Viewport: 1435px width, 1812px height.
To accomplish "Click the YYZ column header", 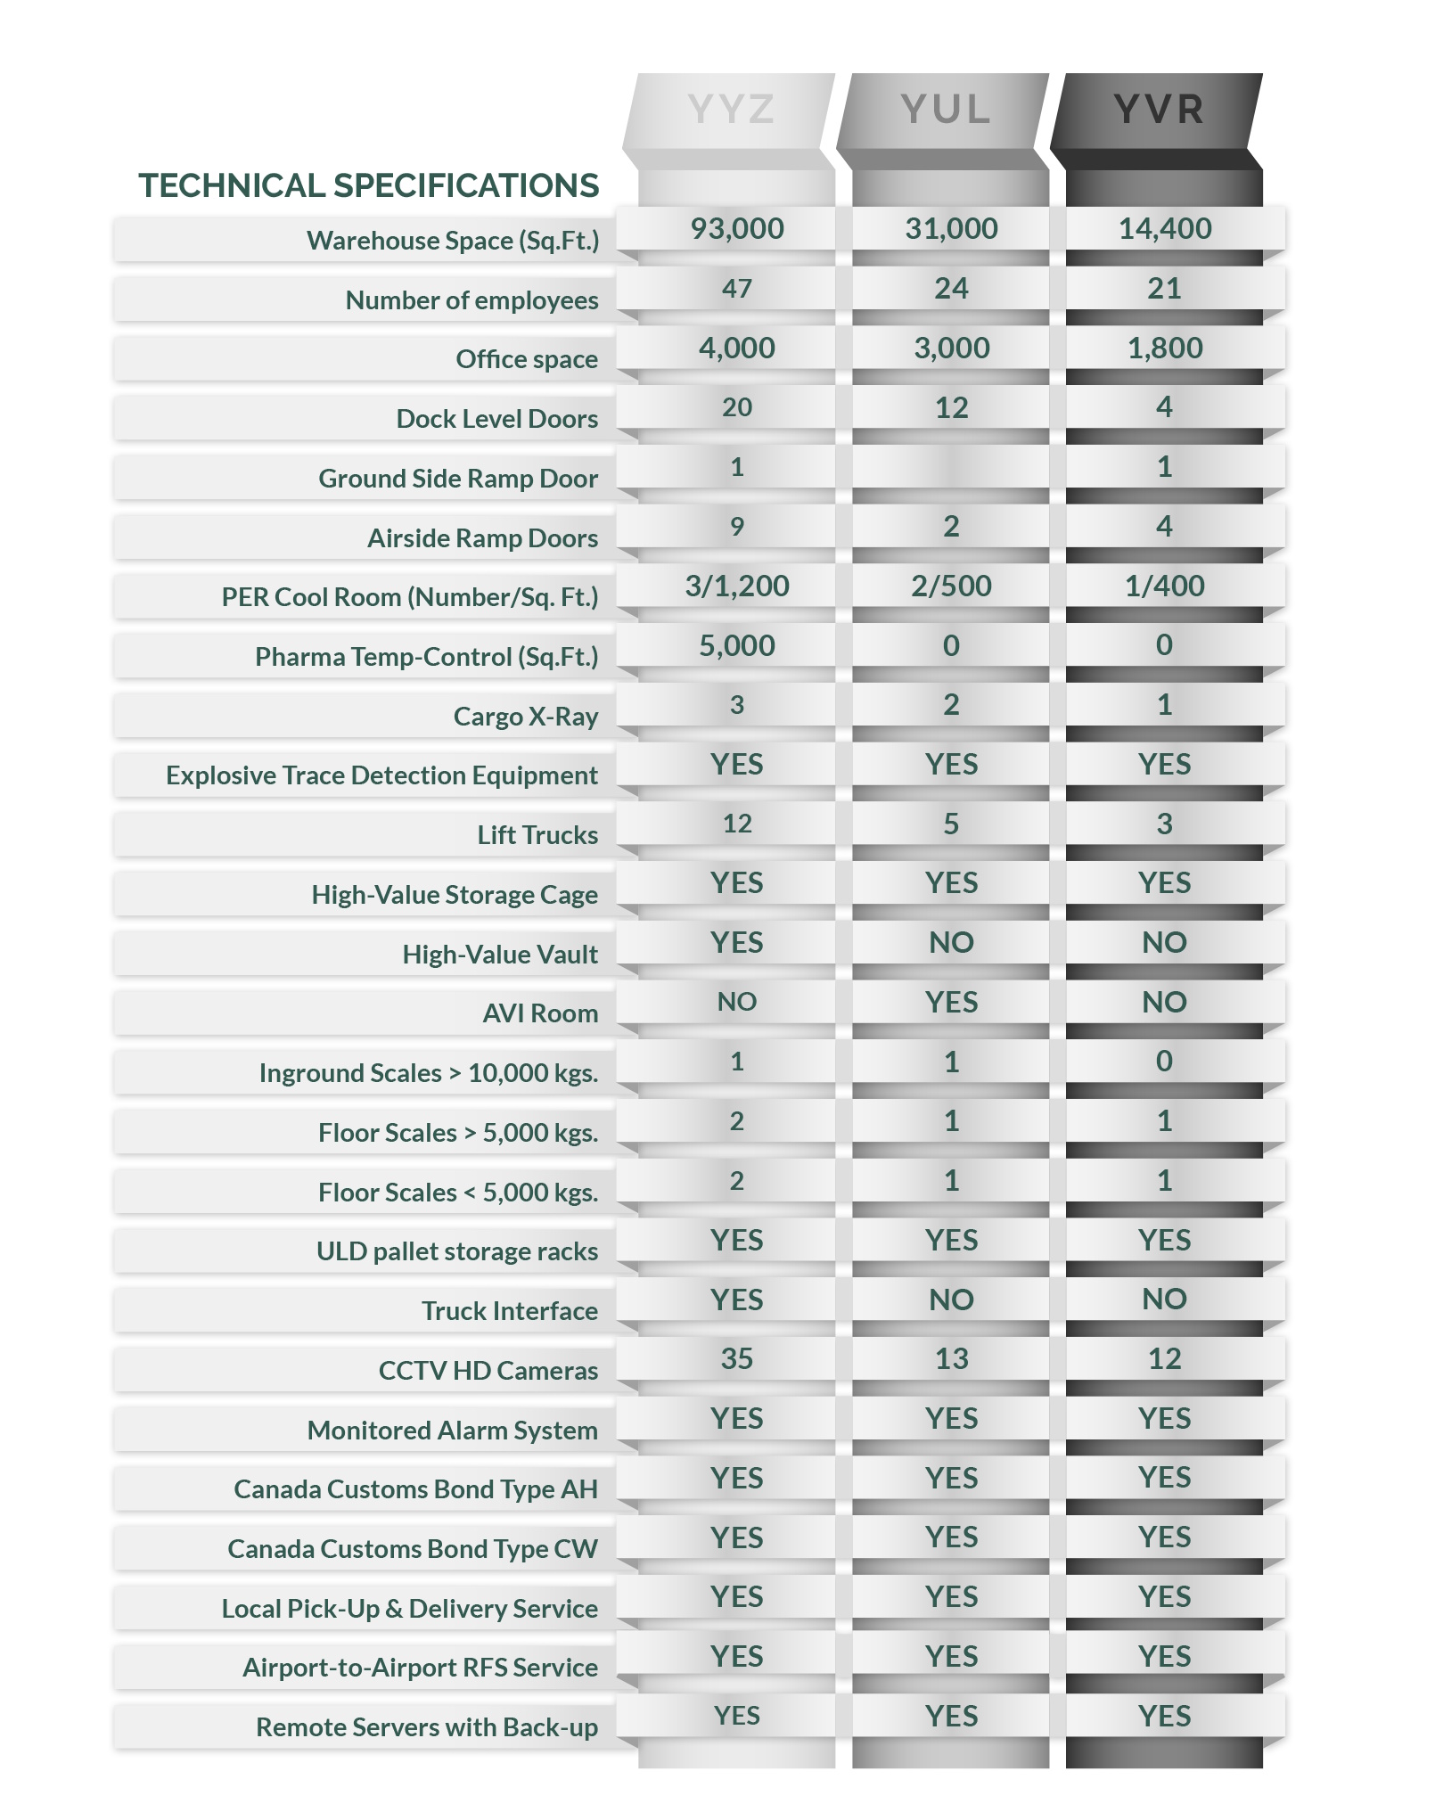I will (x=730, y=110).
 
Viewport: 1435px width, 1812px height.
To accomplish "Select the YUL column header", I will (x=945, y=110).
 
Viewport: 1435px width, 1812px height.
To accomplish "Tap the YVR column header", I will (x=1159, y=110).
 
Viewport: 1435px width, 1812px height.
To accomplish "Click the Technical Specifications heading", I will (x=368, y=185).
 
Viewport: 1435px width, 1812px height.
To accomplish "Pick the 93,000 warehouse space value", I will (x=737, y=229).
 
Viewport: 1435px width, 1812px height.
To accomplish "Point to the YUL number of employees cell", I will (x=951, y=289).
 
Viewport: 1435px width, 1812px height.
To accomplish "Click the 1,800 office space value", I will (x=1165, y=348).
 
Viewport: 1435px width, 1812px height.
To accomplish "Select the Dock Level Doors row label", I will (x=496, y=419).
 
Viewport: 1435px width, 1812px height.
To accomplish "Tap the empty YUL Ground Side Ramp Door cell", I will (x=951, y=467).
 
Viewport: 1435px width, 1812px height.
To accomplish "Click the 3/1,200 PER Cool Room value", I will (x=737, y=586).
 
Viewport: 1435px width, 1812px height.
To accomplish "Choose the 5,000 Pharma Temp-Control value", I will (x=737, y=646).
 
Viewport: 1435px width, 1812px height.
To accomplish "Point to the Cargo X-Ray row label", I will (x=525, y=717).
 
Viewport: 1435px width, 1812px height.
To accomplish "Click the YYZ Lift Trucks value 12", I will (x=737, y=824).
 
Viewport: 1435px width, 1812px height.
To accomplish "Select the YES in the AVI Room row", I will (x=951, y=1003).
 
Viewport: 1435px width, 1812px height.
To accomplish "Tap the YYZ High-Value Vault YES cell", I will (x=737, y=943).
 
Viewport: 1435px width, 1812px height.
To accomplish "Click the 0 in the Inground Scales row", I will (x=1164, y=1062).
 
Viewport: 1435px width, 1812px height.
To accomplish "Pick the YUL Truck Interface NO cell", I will (x=951, y=1300).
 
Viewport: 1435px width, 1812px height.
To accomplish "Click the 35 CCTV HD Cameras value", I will (x=737, y=1359).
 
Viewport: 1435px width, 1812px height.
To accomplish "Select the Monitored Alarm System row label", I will (x=452, y=1431).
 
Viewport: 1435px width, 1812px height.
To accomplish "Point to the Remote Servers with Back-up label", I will (x=426, y=1727).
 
